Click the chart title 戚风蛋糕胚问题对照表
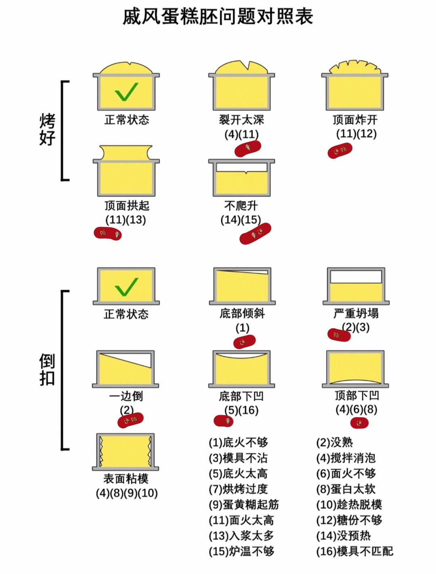tap(218, 17)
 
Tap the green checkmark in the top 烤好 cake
tap(126, 92)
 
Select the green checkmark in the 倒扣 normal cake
tap(126, 287)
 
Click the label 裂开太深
tap(241, 120)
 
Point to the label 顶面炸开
tap(355, 120)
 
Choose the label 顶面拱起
tap(127, 206)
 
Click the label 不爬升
tap(241, 206)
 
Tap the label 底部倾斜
tap(242, 313)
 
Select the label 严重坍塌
tap(356, 313)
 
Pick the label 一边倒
tap(126, 396)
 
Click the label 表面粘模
tap(126, 479)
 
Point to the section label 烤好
tap(47, 129)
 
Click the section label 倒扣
tap(47, 369)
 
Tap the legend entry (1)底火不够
tap(238, 443)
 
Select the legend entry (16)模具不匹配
tap(354, 551)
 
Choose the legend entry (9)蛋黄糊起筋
tap(243, 505)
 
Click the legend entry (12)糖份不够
tap(349, 520)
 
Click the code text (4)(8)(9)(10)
tap(127, 494)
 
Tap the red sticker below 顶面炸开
tap(340, 151)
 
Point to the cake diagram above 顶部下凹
tap(355, 369)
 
